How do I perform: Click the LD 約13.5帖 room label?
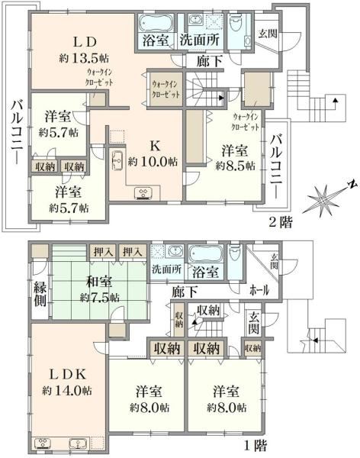(x=84, y=50)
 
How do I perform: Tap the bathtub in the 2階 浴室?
(x=156, y=24)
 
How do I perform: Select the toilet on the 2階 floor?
(x=236, y=25)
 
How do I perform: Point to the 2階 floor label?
(x=281, y=223)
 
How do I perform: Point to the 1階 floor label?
(x=256, y=446)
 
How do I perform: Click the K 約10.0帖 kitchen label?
(x=153, y=154)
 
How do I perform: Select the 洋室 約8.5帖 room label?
(x=235, y=159)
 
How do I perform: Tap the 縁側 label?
(x=40, y=293)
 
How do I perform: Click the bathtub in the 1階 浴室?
(x=205, y=255)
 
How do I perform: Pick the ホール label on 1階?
(x=259, y=290)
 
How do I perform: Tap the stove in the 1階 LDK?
(x=43, y=444)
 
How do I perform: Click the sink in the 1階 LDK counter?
(x=78, y=444)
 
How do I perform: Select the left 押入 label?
(x=102, y=251)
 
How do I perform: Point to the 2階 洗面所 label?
(x=199, y=40)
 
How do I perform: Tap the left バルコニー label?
(x=17, y=132)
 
